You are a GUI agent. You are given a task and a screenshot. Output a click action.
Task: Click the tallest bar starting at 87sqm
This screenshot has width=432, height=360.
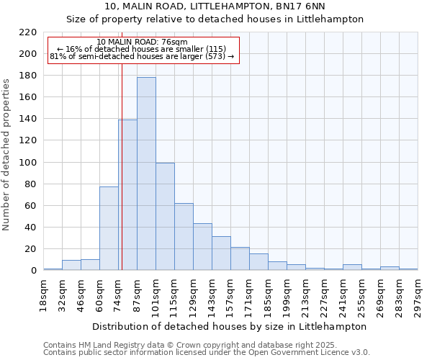[146, 174]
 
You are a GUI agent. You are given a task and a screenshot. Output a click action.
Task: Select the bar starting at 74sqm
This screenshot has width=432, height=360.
[127, 195]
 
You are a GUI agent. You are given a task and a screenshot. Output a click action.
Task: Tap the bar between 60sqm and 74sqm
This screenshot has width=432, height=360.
[109, 228]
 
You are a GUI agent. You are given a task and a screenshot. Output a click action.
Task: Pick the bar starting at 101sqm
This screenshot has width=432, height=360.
[165, 217]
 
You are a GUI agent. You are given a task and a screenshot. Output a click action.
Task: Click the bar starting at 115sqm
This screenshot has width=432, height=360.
[184, 237]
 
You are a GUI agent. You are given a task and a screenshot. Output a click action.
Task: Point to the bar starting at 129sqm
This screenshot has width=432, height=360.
[202, 247]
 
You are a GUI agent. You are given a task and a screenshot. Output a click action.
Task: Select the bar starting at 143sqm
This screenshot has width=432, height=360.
[221, 253]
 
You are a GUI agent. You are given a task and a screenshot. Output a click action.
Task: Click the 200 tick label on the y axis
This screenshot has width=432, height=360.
[28, 54]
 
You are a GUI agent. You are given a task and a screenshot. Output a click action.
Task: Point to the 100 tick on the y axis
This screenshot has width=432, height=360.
[28, 163]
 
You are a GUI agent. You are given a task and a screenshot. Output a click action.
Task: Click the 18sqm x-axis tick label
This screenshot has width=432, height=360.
[43, 294]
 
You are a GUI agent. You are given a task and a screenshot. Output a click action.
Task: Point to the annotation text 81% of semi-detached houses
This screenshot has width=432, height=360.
[142, 56]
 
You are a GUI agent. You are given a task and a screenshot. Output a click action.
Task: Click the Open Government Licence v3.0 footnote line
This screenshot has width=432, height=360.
[207, 353]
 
